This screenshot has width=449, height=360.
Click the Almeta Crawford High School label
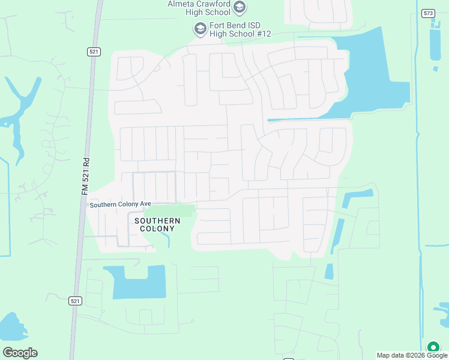click(199, 8)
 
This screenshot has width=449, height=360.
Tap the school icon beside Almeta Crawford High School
click(240, 8)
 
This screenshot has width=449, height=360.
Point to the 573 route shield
click(428, 13)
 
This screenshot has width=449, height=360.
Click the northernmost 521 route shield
click(93, 52)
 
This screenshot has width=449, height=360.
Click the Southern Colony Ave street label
click(120, 205)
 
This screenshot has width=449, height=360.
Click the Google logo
click(20, 353)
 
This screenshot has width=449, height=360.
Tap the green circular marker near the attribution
click(433, 347)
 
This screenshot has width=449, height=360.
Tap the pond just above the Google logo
click(12, 328)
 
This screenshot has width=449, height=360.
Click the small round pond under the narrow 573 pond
click(436, 69)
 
